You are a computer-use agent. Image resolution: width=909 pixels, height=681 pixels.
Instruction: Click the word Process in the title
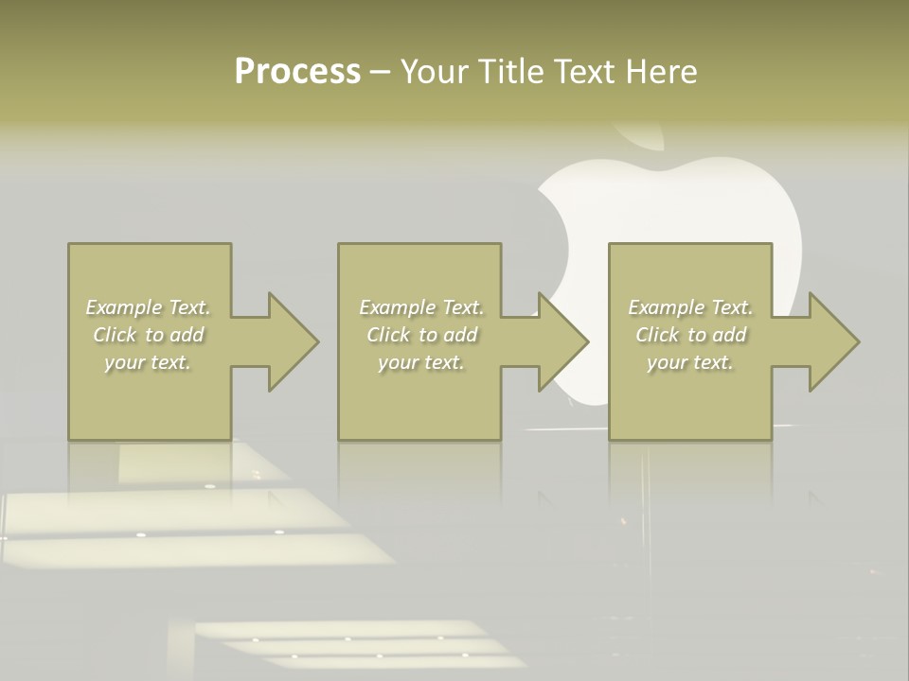coord(297,72)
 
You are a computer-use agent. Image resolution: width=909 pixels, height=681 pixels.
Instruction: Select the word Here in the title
coord(662,72)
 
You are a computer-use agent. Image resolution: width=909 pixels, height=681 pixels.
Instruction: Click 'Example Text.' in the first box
coord(149,307)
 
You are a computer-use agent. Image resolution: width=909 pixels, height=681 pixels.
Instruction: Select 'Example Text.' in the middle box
coord(421,307)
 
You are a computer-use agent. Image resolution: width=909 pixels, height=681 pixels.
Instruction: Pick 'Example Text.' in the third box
coord(690,307)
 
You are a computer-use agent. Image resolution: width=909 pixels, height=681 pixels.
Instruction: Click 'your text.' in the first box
coord(149,362)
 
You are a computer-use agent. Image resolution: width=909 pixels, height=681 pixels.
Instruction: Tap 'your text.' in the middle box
coord(421,362)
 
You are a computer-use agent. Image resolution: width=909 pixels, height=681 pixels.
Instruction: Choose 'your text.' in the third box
coord(690,362)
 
